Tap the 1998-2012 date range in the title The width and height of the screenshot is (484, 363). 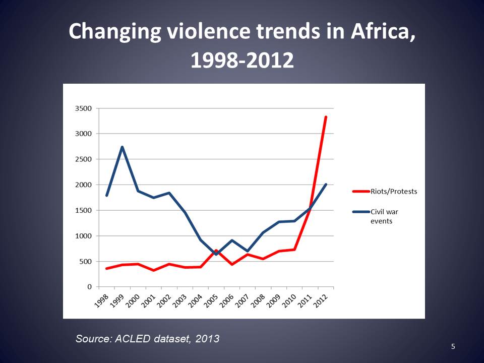click(x=241, y=60)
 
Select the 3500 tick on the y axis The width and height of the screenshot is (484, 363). click(x=83, y=108)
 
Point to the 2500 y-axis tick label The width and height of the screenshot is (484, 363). click(x=83, y=159)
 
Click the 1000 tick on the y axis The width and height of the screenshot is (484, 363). click(x=83, y=236)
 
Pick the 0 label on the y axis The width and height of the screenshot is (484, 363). click(x=89, y=287)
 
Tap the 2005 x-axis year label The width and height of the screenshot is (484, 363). click(x=211, y=300)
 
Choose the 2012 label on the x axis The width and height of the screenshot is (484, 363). click(x=321, y=300)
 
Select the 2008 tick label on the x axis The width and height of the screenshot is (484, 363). click(x=258, y=300)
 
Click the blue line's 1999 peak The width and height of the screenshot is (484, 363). click(x=122, y=147)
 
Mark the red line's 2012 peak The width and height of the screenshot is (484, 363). click(x=326, y=117)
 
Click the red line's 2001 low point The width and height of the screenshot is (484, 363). click(x=153, y=270)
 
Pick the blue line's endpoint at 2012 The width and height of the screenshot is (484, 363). click(x=326, y=185)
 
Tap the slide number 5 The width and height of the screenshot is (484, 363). click(x=453, y=346)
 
